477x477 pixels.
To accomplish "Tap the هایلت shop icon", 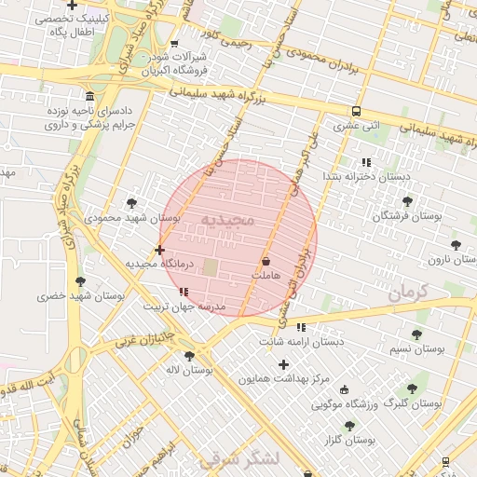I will [266, 262].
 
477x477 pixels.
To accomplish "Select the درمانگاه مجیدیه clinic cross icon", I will [160, 250].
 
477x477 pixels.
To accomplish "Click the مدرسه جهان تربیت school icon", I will [183, 293].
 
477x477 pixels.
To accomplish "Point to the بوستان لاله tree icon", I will [190, 356].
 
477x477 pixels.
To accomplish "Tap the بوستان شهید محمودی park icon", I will [131, 202].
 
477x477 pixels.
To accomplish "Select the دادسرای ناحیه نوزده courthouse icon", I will [89, 98].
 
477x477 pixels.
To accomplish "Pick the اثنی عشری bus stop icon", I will [357, 111].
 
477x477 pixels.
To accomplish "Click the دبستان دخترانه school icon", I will [365, 162].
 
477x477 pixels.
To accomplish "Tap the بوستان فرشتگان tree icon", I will [407, 201].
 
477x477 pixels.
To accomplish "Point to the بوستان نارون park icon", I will [456, 245].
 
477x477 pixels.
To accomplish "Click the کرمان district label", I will [406, 293].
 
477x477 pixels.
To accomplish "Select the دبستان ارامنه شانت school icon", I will [300, 327].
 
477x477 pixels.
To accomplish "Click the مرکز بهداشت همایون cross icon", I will [283, 364].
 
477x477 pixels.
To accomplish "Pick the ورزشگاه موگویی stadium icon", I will [345, 390].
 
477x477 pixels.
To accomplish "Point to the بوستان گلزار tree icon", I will [349, 426].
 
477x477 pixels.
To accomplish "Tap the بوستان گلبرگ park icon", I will [411, 389].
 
